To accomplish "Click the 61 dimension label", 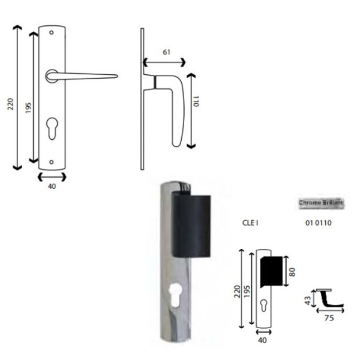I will (166, 52).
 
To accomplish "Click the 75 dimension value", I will (329, 319).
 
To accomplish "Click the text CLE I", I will (250, 223).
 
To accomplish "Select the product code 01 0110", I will (319, 223).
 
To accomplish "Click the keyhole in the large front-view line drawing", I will (52, 130).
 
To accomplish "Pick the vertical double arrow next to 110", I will (190, 111).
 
